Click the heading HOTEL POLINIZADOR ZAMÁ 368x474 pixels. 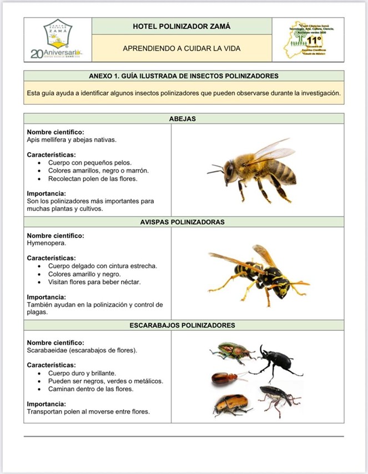(x=182, y=26)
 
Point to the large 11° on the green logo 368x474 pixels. (x=315, y=41)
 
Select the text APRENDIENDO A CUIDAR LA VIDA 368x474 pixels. (x=182, y=48)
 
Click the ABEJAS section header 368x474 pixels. (x=183, y=119)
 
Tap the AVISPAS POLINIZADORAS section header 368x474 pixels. (x=183, y=222)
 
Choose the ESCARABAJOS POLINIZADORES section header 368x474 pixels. (x=183, y=325)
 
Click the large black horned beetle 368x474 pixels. (x=275, y=364)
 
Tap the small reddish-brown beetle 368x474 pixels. (x=225, y=378)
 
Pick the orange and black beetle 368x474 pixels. (x=230, y=405)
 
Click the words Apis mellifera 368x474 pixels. (x=45, y=140)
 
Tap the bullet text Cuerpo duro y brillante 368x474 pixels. (x=82, y=374)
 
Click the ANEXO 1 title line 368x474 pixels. (x=183, y=76)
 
